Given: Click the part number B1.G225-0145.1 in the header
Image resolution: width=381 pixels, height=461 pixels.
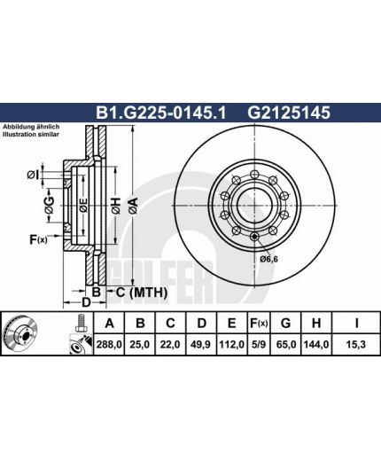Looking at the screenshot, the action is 160,113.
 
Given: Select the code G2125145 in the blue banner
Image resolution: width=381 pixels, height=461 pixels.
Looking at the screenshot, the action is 289,113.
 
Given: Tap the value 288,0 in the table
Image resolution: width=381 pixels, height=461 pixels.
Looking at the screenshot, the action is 109,344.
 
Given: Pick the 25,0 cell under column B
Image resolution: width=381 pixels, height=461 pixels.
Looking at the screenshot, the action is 140,344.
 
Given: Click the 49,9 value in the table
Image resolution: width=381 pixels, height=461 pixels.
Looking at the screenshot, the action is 200,344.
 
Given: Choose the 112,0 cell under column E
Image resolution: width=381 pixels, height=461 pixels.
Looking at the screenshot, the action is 231,344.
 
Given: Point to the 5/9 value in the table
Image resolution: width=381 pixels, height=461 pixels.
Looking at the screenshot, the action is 259,344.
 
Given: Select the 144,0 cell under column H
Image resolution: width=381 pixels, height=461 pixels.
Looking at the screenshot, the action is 315,344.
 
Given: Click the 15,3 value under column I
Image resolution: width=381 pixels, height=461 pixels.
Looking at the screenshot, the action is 356,344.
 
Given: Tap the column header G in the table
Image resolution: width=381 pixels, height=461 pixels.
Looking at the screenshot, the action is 285,324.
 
